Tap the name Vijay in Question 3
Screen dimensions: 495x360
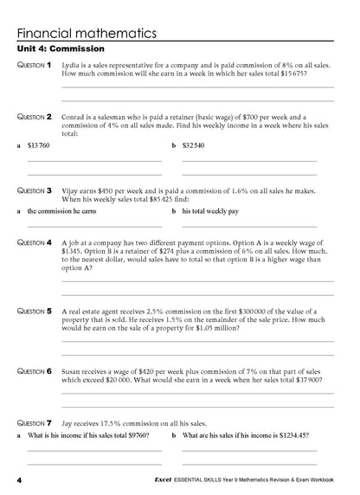73,189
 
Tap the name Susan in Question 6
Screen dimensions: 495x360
74,370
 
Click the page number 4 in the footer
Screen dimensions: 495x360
18,479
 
